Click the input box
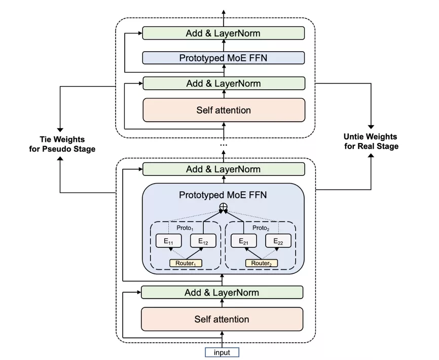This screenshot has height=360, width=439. (x=222, y=352)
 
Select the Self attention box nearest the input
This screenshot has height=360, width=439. (x=222, y=319)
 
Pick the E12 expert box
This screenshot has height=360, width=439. (x=203, y=241)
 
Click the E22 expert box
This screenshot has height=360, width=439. (x=278, y=241)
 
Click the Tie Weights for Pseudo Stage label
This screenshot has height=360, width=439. (x=62, y=143)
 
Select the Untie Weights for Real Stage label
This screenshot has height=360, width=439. (x=371, y=141)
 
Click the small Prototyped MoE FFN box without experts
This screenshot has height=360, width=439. (x=223, y=58)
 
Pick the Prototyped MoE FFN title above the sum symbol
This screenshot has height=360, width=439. (x=223, y=195)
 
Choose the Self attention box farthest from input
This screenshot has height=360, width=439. (x=224, y=110)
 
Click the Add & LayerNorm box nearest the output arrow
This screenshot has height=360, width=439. (x=223, y=33)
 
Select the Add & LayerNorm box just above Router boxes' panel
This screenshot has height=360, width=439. (x=223, y=169)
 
